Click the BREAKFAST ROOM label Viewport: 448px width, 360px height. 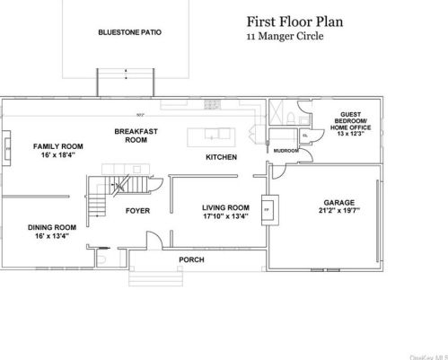136,136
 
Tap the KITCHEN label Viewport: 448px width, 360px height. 221,157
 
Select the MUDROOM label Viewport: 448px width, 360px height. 285,151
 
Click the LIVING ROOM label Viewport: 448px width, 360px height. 224,206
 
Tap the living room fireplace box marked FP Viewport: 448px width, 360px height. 266,208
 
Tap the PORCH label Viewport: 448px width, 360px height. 191,259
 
